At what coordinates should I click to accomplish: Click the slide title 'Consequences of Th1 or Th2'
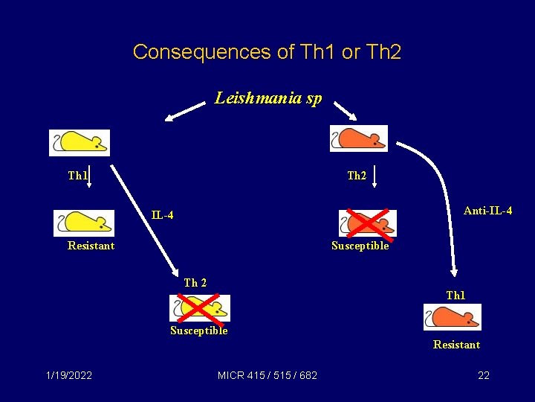pyautogui.click(x=267, y=52)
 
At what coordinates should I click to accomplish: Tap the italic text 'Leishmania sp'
pyautogui.click(x=268, y=98)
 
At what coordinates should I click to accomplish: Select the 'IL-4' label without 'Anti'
pyautogui.click(x=163, y=216)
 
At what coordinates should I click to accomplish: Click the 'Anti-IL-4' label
pyautogui.click(x=487, y=211)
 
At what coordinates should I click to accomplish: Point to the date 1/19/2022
pyautogui.click(x=69, y=375)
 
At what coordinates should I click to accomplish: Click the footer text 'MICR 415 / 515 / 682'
pyautogui.click(x=267, y=375)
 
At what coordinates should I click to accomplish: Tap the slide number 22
pyautogui.click(x=484, y=375)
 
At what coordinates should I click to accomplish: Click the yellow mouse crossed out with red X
pyautogui.click(x=199, y=307)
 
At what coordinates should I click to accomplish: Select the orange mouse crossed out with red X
pyautogui.click(x=368, y=223)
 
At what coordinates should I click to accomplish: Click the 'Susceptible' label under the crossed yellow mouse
pyautogui.click(x=198, y=331)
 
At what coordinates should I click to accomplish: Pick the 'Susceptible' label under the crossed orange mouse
pyautogui.click(x=360, y=246)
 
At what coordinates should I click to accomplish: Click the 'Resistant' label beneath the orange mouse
pyautogui.click(x=456, y=345)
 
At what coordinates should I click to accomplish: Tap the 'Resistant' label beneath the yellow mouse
pyautogui.click(x=91, y=246)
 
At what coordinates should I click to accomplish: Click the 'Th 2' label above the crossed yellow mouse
pyautogui.click(x=195, y=283)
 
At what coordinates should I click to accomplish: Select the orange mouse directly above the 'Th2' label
pyautogui.click(x=358, y=138)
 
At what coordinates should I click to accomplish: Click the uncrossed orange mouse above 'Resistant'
pyautogui.click(x=453, y=317)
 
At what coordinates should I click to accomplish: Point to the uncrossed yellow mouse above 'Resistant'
pyautogui.click(x=83, y=223)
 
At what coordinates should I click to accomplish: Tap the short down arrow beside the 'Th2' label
pyautogui.click(x=375, y=176)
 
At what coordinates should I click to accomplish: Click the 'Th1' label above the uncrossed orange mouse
pyautogui.click(x=455, y=296)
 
